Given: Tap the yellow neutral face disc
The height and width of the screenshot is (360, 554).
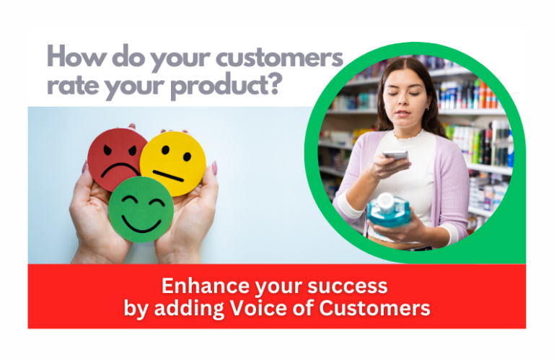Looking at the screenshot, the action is [173, 163].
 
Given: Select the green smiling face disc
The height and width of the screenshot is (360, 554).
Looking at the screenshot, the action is [141, 209].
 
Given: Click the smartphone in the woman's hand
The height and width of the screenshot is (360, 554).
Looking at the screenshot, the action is [395, 155].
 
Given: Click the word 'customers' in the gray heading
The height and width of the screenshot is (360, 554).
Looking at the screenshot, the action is [279, 58].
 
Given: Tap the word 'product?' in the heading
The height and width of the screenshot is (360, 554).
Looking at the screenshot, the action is [227, 86].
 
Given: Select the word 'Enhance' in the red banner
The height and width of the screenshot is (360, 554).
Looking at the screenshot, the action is [206, 286].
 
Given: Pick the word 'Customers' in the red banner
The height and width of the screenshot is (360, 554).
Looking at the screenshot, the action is [374, 308].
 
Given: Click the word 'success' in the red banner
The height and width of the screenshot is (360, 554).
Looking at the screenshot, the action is [348, 287].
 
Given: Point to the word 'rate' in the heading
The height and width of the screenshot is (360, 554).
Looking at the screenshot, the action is [73, 86].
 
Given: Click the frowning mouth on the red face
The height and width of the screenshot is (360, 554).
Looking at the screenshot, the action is [120, 170].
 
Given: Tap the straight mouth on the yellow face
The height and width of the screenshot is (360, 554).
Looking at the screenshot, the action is [168, 175].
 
